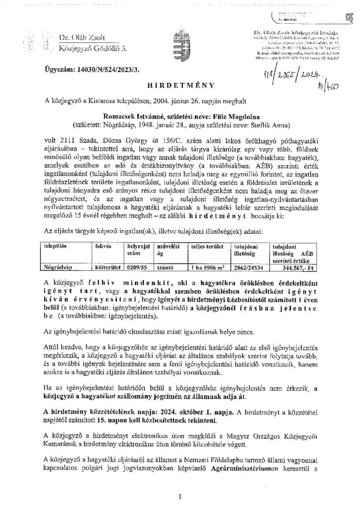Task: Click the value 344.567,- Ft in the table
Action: pyautogui.click(x=295, y=267)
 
